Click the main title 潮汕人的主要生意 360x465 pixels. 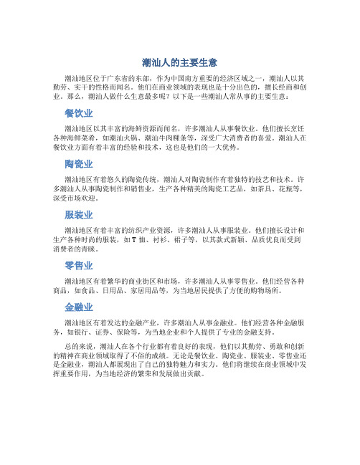point(180,62)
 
